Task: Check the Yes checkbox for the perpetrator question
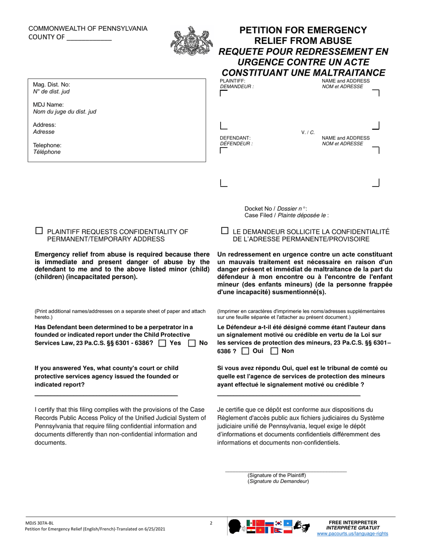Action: pos(162,343)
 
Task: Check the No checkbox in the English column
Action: pos(192,343)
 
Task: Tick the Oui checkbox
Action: pos(245,351)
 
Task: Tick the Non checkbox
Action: pos(274,351)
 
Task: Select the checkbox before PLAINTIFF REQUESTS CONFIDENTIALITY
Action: pos(39,231)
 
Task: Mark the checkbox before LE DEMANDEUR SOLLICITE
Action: pos(225,231)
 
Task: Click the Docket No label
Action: pos(259,209)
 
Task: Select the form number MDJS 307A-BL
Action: pos(40,523)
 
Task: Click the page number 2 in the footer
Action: pos(211,523)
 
